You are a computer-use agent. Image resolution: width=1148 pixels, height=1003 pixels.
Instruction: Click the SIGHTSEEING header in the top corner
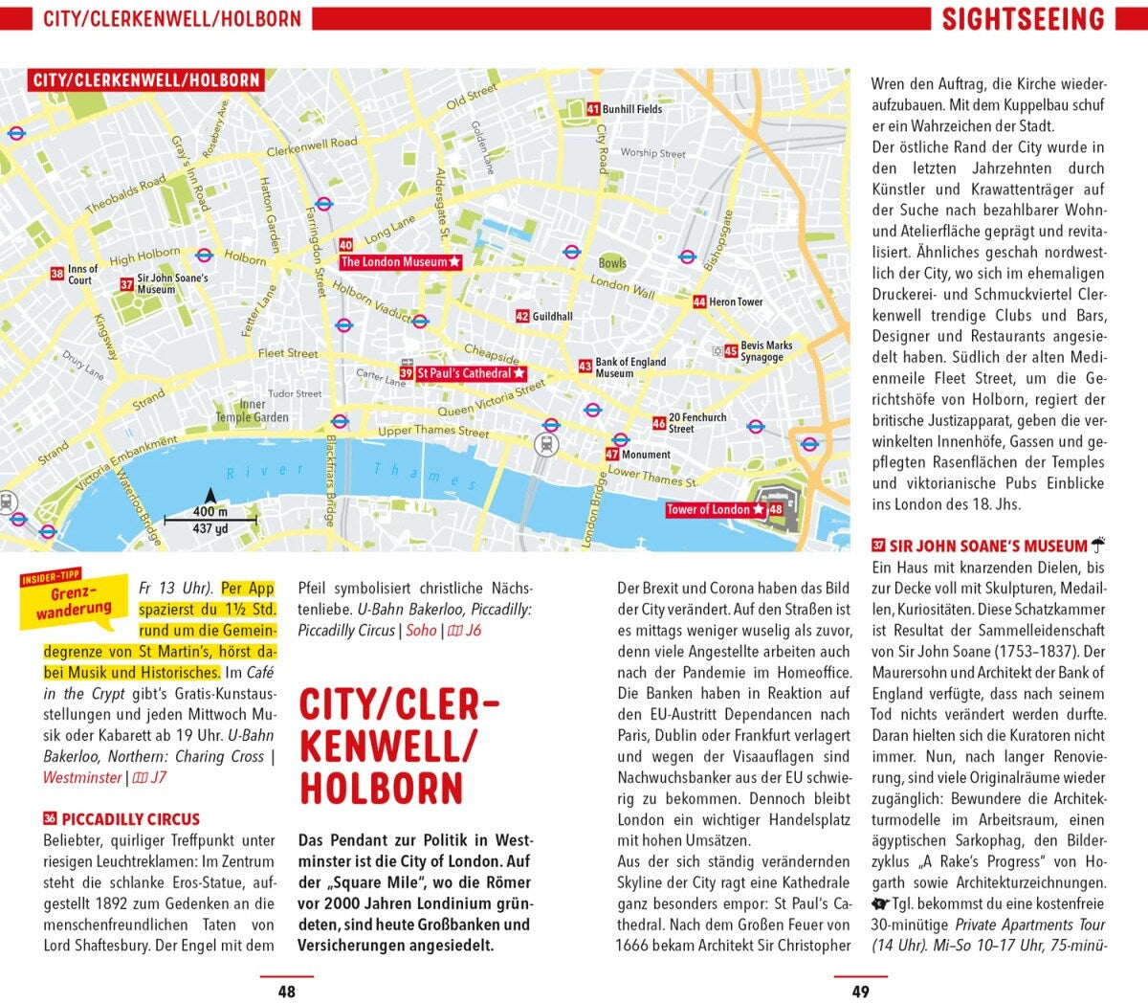point(1023,19)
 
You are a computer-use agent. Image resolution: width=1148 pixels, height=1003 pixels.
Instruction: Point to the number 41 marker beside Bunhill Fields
point(593,109)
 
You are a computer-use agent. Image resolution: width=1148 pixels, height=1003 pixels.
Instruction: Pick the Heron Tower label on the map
point(736,301)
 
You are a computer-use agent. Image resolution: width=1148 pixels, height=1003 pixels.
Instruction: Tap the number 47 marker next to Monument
point(612,455)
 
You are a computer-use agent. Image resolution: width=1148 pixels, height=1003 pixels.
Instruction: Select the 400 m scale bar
point(210,521)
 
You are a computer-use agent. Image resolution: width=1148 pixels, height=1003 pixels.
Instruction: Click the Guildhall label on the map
point(552,316)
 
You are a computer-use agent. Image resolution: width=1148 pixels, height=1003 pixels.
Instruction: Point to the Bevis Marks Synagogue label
point(766,351)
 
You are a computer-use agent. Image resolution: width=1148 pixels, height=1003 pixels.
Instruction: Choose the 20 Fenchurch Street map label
point(696,423)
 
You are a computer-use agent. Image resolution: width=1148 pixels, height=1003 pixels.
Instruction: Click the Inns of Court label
point(82,275)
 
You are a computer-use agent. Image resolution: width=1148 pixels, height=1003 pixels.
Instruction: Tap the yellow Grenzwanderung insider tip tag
point(74,599)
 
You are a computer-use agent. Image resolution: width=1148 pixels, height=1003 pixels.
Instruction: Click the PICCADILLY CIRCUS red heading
point(130,819)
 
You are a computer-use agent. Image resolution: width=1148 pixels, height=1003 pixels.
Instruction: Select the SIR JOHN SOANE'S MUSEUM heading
point(988,546)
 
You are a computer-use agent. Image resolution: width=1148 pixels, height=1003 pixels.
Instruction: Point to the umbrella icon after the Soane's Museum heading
point(1098,546)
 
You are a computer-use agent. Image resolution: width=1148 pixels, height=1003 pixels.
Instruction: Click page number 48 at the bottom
point(286,992)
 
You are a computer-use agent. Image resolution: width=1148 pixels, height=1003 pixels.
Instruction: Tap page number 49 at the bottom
point(860,992)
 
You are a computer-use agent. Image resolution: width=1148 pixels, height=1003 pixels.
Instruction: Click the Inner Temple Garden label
point(252,412)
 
